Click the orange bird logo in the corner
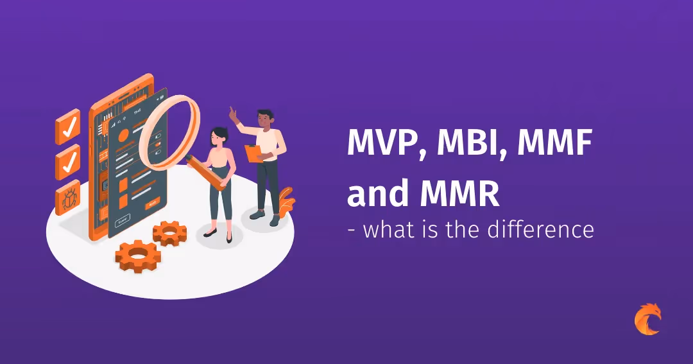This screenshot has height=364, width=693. [x=647, y=319]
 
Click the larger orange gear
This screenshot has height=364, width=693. [x=137, y=256]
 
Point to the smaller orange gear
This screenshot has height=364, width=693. [x=169, y=232]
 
